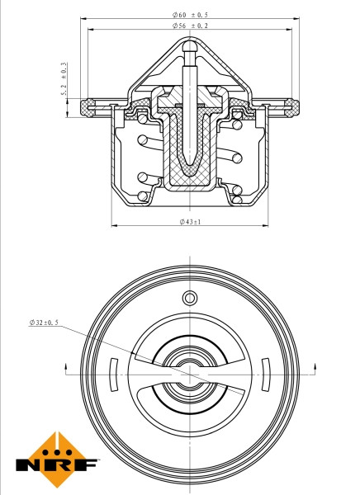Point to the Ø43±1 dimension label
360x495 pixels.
pos(192,222)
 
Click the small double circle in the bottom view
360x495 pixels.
pos(189,297)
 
